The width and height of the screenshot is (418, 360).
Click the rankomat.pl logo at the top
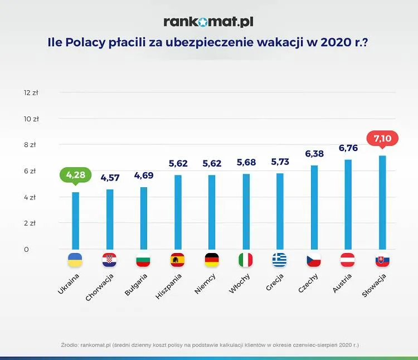(x=208, y=22)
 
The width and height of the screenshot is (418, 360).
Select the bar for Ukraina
(x=75, y=221)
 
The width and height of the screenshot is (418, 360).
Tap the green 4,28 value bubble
(x=75, y=175)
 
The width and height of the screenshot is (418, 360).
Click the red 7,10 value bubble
(x=382, y=139)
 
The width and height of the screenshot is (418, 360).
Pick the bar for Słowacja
(x=382, y=202)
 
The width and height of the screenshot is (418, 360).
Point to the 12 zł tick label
(x=31, y=93)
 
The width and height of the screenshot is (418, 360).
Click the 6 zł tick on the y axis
(x=31, y=171)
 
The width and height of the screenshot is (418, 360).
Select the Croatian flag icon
(x=109, y=260)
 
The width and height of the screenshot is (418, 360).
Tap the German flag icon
(x=212, y=260)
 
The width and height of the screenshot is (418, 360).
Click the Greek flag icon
(x=280, y=260)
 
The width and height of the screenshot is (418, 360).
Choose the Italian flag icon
(x=246, y=260)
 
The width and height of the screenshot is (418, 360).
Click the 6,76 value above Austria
(x=348, y=148)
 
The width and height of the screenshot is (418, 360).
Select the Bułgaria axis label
(x=136, y=284)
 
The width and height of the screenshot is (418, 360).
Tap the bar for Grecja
(x=280, y=211)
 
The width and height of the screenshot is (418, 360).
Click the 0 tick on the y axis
(x=26, y=249)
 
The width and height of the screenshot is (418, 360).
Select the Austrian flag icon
(x=348, y=260)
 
